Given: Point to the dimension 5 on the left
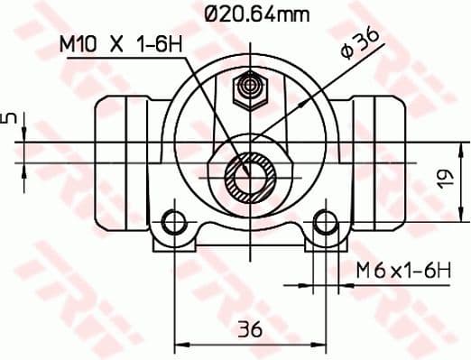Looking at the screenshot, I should tap(10, 120).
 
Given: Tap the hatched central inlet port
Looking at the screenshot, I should tap(249, 177).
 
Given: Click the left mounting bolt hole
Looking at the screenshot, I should tap(175, 222).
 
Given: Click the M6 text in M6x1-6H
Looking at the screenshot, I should tap(367, 269).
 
